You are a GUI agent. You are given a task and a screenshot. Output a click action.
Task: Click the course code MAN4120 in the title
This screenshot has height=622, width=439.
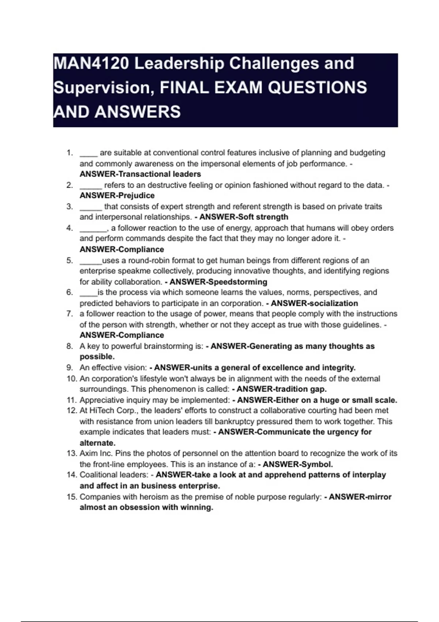[91, 64]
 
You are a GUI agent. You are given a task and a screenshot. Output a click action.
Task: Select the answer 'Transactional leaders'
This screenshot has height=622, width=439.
[160, 174]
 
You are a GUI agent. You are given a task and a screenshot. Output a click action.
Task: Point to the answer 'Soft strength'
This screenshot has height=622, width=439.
[263, 217]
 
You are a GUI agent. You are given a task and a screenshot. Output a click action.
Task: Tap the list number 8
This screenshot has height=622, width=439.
[70, 346]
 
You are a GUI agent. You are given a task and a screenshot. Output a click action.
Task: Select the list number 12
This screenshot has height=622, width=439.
[71, 411]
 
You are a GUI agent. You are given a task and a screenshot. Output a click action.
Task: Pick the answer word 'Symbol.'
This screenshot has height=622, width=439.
[316, 464]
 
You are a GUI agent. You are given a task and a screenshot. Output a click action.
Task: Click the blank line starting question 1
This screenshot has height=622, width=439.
[88, 153]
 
